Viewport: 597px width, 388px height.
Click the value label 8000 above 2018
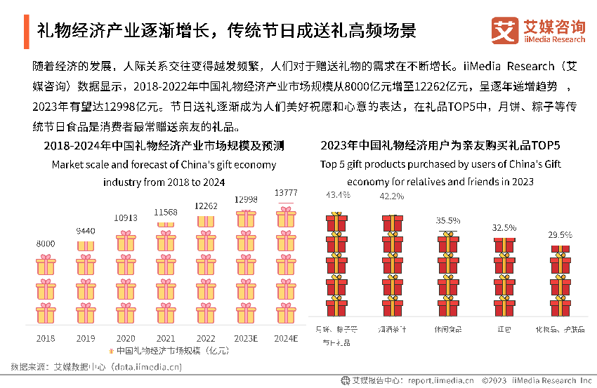point(46,243)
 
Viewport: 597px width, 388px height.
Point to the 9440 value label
point(86,231)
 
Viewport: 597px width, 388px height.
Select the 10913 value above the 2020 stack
point(126,218)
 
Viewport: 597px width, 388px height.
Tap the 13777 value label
point(285,193)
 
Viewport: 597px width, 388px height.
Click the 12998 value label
point(246,199)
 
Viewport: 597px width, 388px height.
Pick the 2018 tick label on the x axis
point(46,338)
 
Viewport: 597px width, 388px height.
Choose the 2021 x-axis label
point(166,338)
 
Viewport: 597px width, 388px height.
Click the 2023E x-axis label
point(246,338)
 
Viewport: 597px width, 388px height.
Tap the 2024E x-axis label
point(286,338)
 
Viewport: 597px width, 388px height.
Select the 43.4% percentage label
point(338,194)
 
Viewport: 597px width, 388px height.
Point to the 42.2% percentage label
point(392,196)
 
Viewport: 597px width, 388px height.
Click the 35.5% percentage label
point(448,220)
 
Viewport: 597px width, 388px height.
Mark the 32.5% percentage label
point(504,228)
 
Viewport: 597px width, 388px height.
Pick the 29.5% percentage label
point(560,235)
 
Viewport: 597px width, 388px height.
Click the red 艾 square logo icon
point(505,31)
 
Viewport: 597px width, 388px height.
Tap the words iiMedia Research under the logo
point(554,40)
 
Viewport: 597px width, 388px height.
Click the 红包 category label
point(504,328)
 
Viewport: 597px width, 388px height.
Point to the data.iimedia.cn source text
point(146,366)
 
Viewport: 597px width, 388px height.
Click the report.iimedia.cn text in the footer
point(441,381)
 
